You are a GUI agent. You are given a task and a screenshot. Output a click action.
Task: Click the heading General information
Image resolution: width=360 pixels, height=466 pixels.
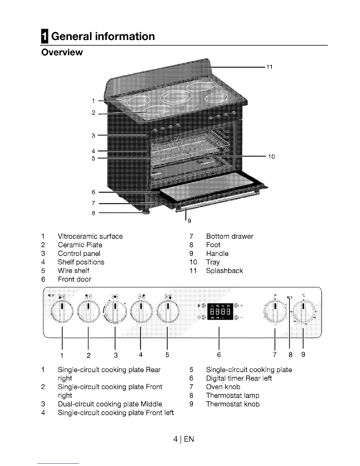(x=103, y=36)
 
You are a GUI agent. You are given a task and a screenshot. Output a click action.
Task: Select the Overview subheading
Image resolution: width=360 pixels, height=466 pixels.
(x=62, y=52)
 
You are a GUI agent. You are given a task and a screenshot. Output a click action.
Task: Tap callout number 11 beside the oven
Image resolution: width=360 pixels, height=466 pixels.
(x=269, y=67)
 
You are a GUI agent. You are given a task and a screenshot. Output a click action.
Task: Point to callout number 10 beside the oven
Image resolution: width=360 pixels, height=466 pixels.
(x=271, y=157)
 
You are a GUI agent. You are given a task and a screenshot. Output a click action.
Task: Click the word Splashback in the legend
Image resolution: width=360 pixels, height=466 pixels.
(x=224, y=271)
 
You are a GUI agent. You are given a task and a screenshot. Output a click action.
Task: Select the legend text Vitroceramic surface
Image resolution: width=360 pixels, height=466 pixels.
(x=90, y=236)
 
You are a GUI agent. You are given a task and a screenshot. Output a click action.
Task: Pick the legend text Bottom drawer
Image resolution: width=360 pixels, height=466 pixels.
(x=229, y=236)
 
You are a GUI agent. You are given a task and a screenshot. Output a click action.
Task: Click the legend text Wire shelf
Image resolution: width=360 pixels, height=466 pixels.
(x=73, y=271)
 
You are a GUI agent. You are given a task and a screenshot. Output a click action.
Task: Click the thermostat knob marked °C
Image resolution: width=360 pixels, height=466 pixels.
(x=303, y=311)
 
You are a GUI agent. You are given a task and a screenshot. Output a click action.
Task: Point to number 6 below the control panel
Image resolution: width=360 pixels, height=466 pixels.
(x=219, y=355)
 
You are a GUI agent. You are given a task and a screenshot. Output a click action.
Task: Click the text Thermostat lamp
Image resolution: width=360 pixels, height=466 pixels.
(x=233, y=395)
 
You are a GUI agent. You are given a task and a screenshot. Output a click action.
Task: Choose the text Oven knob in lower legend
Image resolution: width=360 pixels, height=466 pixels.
(x=223, y=387)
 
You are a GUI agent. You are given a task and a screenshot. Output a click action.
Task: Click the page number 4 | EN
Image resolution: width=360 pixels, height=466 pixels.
(x=184, y=440)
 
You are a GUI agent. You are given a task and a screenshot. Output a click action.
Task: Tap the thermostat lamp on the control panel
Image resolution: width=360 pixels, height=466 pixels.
(x=290, y=297)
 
